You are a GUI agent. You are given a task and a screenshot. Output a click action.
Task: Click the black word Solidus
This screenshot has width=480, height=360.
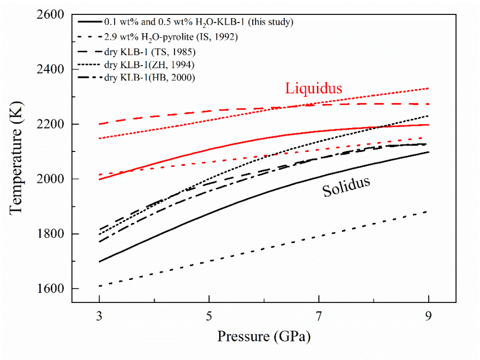(346, 187)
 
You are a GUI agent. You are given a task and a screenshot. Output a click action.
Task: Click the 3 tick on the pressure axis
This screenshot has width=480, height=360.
(99, 314)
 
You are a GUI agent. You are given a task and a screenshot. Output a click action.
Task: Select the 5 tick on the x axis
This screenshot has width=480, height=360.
(209, 314)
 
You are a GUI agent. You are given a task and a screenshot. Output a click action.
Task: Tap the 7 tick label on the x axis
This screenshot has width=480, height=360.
(319, 314)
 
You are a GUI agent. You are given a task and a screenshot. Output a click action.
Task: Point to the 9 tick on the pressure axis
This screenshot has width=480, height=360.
(429, 314)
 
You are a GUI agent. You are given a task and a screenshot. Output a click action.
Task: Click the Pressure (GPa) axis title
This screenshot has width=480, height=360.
(263, 337)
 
